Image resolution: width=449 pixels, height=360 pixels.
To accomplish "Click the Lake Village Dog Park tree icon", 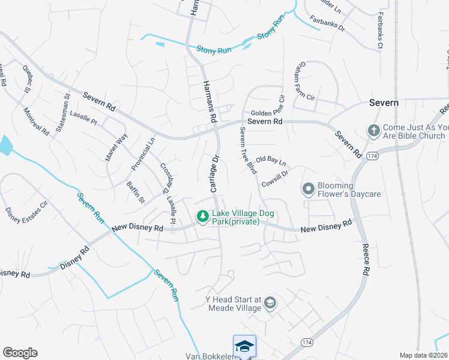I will click(203, 216).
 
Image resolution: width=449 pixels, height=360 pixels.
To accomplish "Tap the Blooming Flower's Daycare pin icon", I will click(309, 190).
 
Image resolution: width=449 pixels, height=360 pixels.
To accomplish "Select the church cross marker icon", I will click(373, 131).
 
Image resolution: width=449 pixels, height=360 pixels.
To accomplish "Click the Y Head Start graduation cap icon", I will click(270, 302).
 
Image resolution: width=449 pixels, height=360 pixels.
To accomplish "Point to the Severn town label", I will click(384, 103).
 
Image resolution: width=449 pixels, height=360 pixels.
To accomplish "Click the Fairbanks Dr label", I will click(327, 27).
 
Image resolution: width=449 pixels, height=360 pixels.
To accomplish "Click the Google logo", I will click(20, 353).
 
